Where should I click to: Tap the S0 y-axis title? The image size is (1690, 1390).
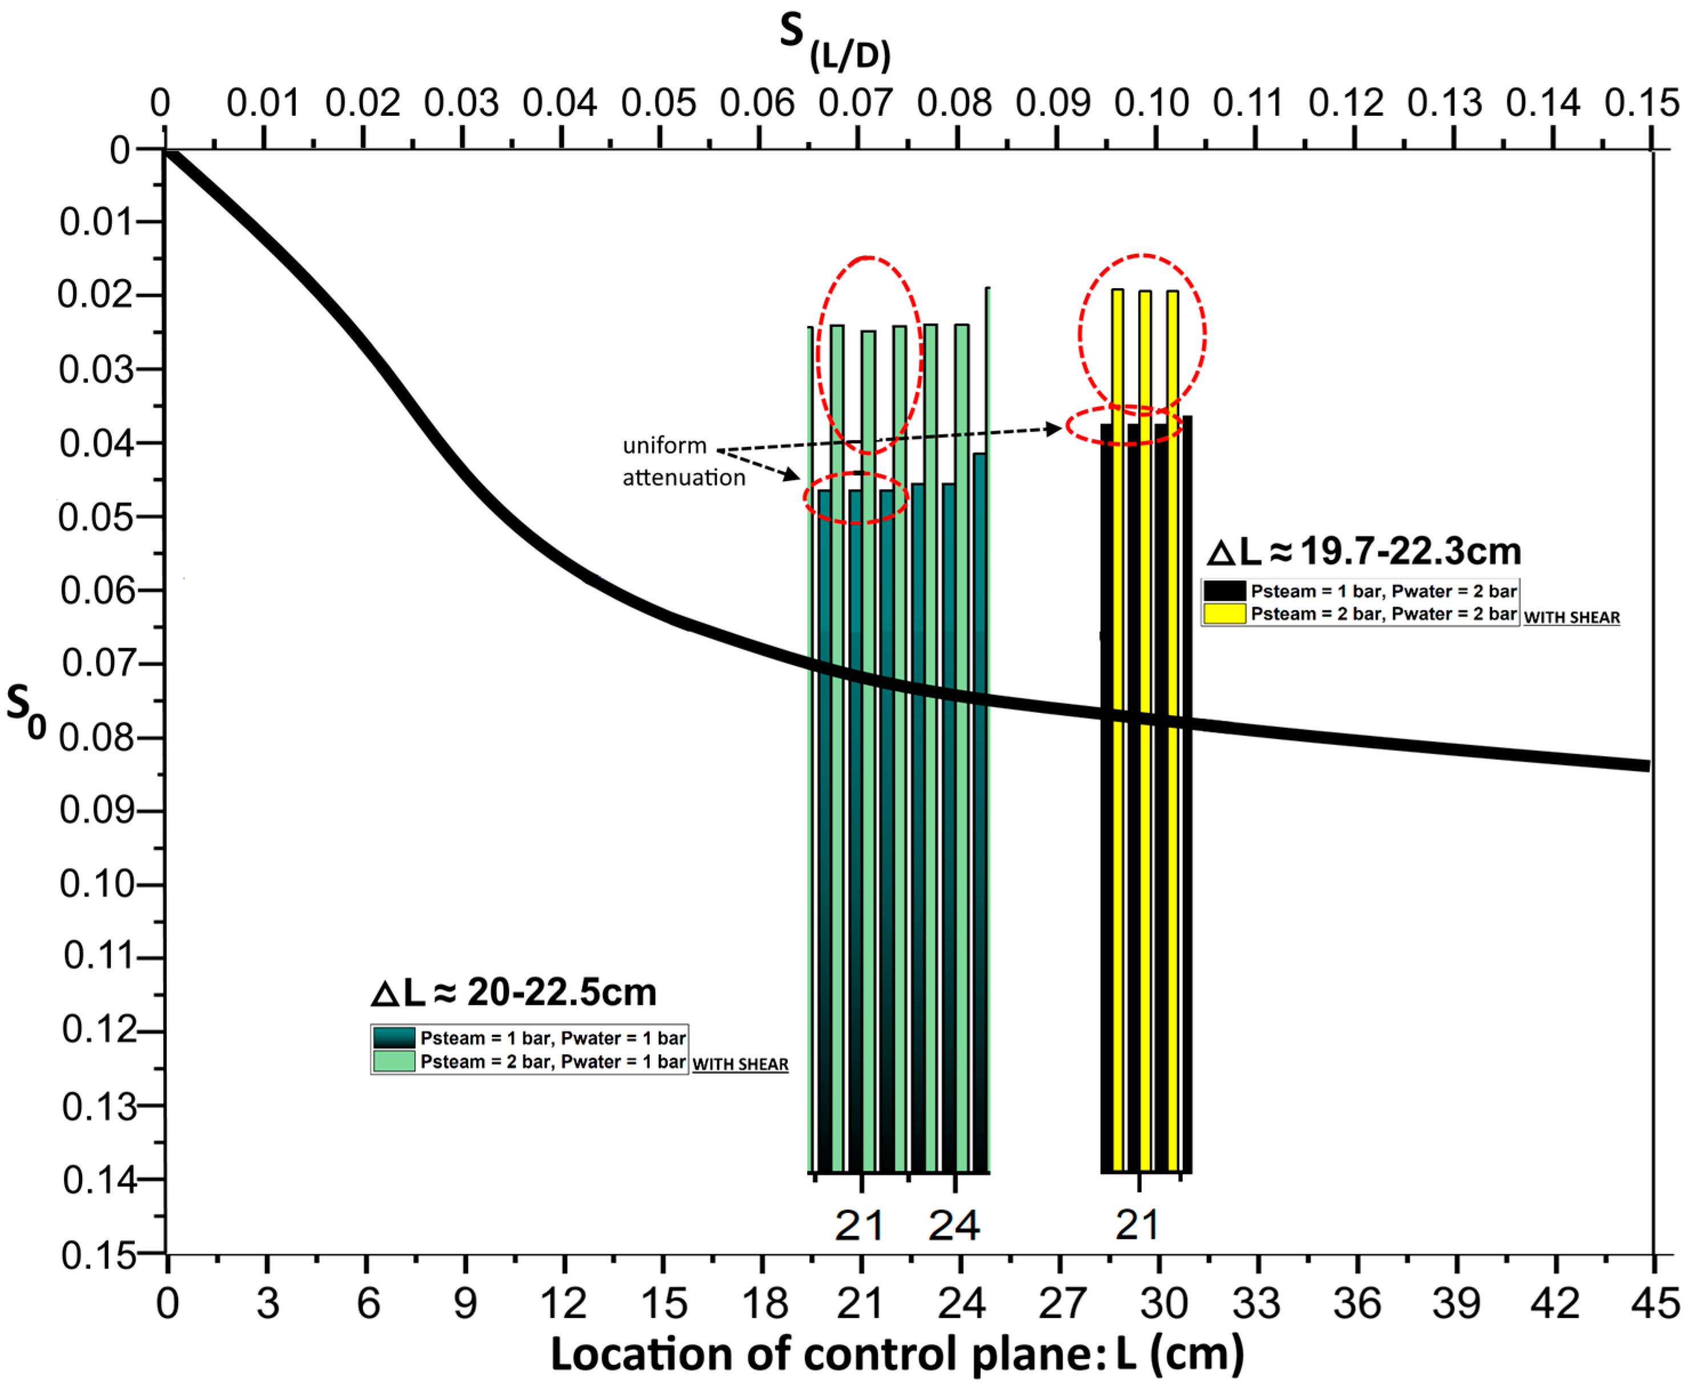(26, 710)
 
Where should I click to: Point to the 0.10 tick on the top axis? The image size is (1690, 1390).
(1152, 103)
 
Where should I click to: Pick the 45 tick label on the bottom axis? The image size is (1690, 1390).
(1654, 1303)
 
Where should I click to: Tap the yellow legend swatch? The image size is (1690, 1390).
(1225, 614)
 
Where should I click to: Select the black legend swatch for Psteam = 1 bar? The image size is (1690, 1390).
(1225, 592)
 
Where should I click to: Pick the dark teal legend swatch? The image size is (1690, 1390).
(394, 1039)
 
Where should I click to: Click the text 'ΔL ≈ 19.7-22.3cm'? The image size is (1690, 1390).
(1363, 552)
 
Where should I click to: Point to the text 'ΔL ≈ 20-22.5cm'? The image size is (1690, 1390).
(514, 993)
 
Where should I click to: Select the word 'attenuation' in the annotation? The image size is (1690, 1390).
(683, 478)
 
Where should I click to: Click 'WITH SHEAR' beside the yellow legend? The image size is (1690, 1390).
(1571, 617)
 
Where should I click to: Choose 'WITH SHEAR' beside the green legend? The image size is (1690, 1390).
(740, 1064)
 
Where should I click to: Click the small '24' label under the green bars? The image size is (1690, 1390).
(953, 1226)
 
